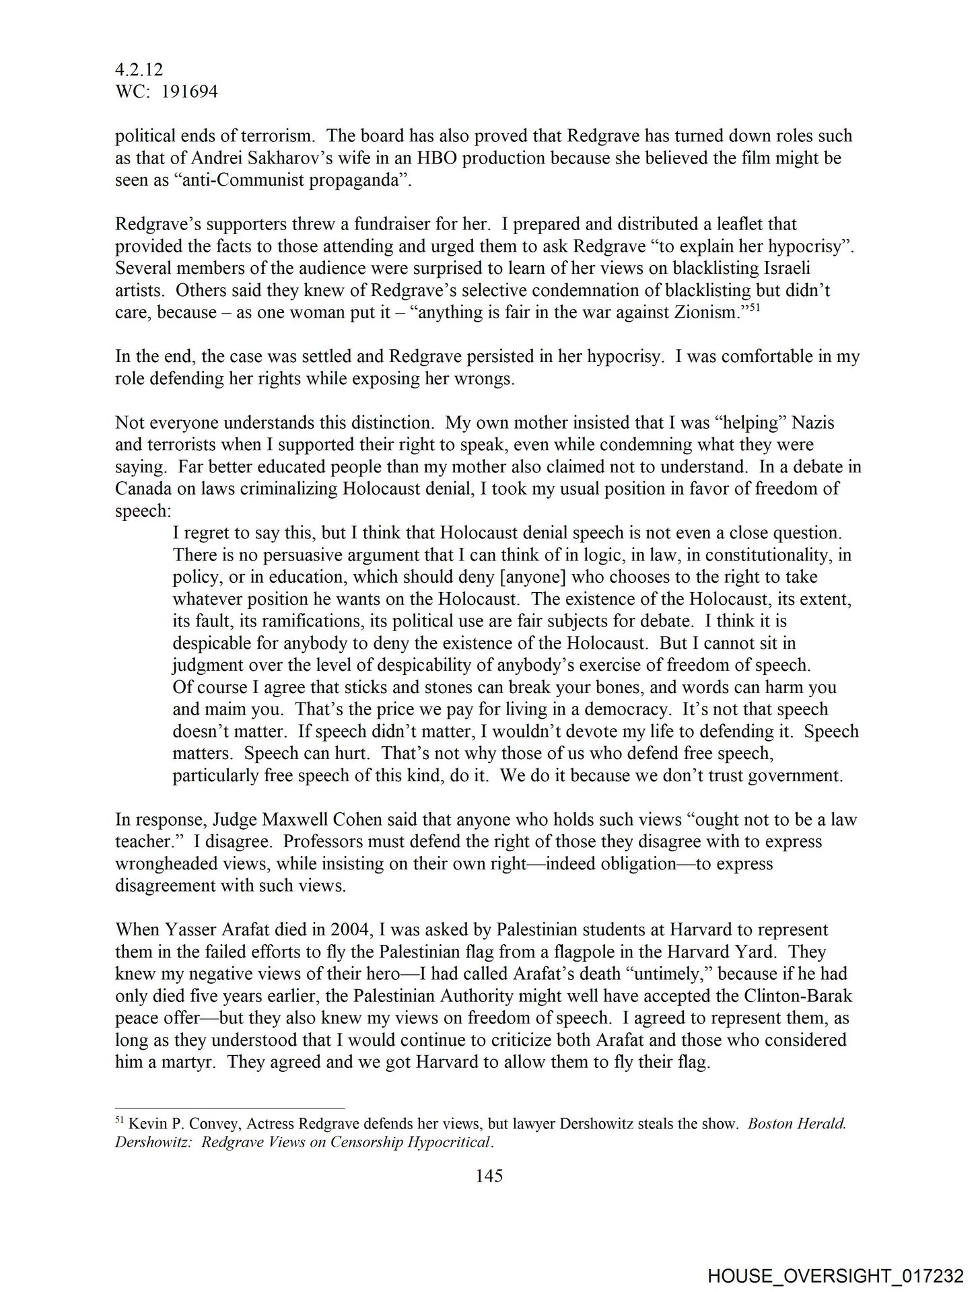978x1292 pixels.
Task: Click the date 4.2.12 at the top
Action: pyautogui.click(x=139, y=70)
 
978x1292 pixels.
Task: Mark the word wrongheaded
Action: pyautogui.click(x=174, y=864)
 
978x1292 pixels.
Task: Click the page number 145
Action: pyautogui.click(x=489, y=1176)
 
